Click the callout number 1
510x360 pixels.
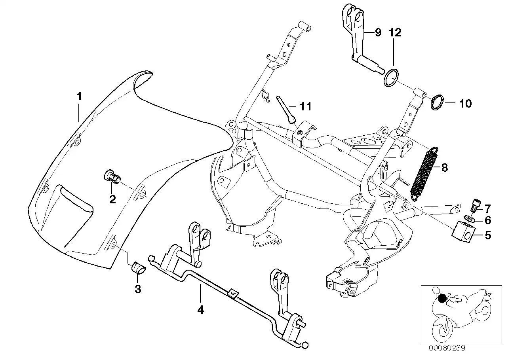pos(79,96)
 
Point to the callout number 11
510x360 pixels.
pos(305,106)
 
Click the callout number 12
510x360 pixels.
pos(395,32)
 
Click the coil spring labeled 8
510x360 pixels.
pos(423,173)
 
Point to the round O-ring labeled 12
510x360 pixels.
pos(392,77)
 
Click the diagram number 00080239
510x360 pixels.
pos(446,348)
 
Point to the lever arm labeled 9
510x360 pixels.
pos(356,38)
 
